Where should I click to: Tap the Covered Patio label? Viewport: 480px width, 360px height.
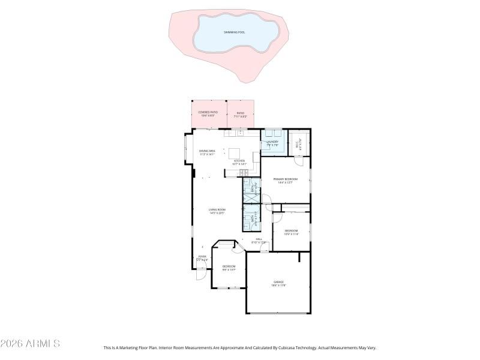(208, 112)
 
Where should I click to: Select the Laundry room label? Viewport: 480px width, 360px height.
(273, 142)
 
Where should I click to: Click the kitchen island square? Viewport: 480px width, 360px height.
(233, 152)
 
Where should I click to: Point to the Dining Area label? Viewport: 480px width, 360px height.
(208, 151)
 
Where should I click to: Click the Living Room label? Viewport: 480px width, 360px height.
(217, 209)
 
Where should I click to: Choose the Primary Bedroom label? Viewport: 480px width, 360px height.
(286, 179)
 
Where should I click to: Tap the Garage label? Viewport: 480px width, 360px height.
(278, 281)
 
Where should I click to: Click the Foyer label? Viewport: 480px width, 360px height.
(202, 256)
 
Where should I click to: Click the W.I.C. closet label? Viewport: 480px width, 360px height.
(298, 144)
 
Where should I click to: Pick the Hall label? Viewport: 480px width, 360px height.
(259, 239)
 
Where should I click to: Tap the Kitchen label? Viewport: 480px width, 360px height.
(239, 161)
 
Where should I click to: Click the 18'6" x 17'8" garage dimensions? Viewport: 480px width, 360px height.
(278, 285)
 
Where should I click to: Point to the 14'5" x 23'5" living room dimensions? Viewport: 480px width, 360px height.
(217, 213)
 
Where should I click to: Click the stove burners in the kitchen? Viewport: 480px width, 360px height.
(244, 174)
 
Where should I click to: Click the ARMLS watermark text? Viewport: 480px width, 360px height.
(30, 344)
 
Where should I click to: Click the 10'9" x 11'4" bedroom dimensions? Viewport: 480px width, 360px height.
(291, 234)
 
